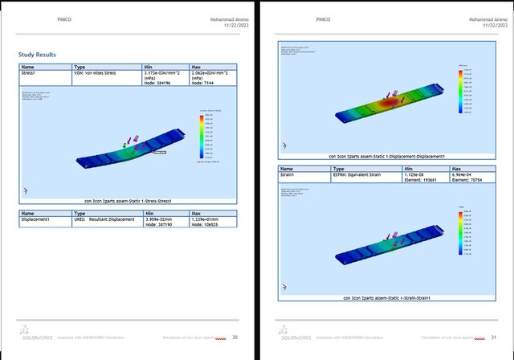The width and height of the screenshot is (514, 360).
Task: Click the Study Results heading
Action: point(37,55)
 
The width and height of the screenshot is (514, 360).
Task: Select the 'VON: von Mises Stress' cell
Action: point(95,73)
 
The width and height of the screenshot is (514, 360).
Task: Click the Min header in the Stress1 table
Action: point(149,67)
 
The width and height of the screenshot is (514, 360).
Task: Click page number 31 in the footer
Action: point(494,337)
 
